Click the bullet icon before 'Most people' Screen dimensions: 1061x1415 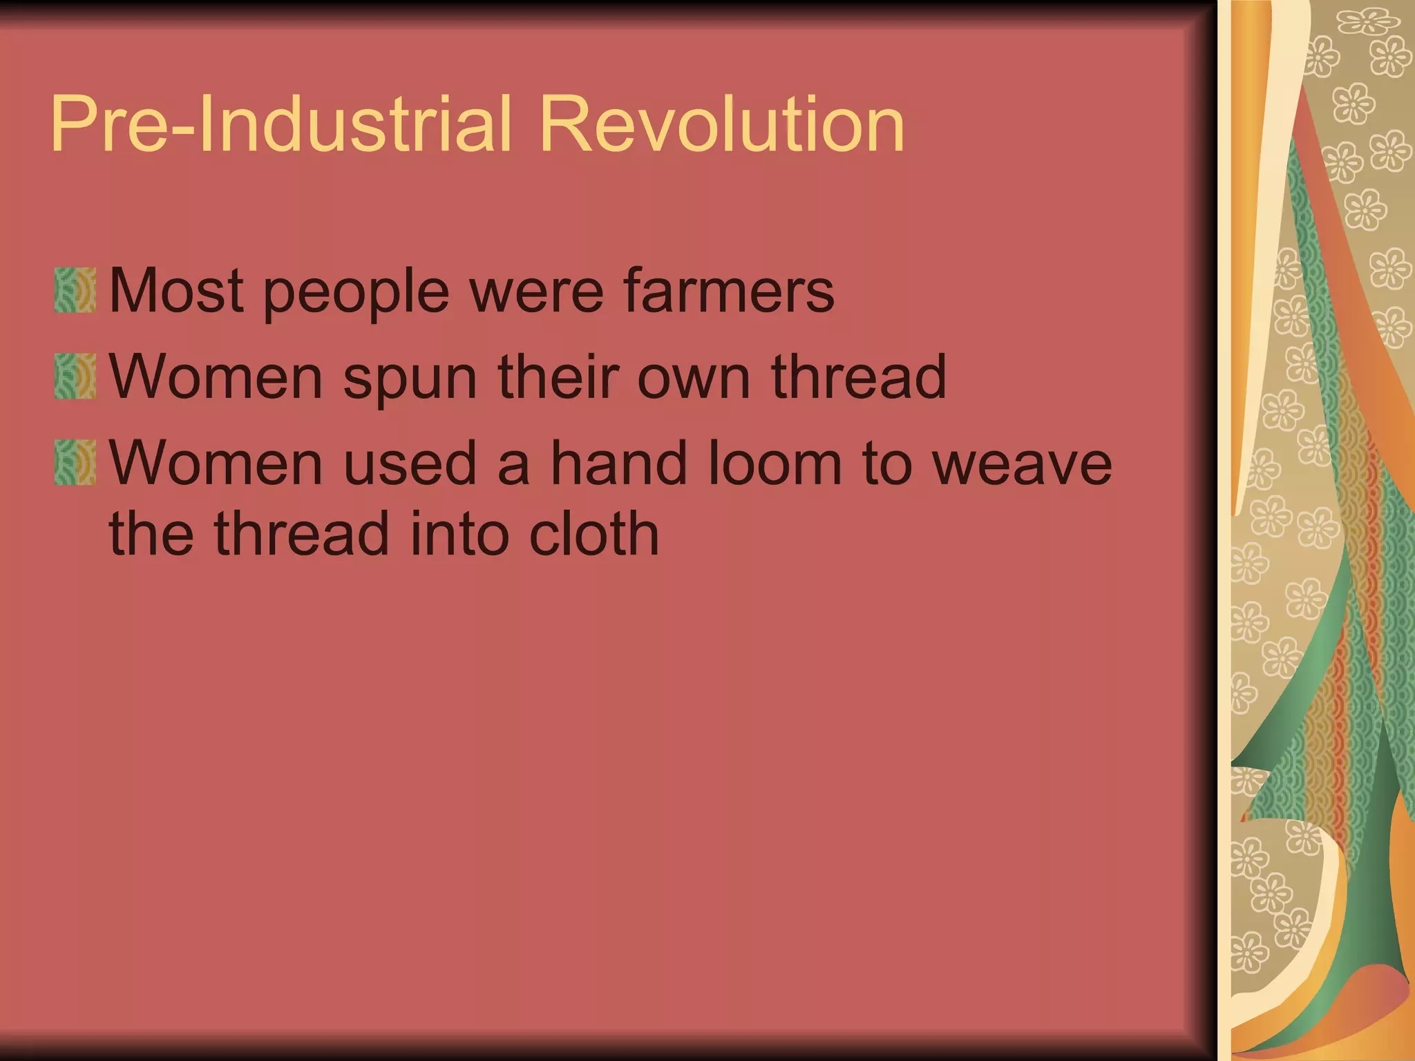tap(75, 291)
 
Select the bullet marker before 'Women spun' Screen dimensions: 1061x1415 tap(75, 376)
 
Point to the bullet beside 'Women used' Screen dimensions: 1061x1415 tap(75, 462)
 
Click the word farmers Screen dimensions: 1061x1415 tap(729, 291)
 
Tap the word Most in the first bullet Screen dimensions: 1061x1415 tap(176, 291)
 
